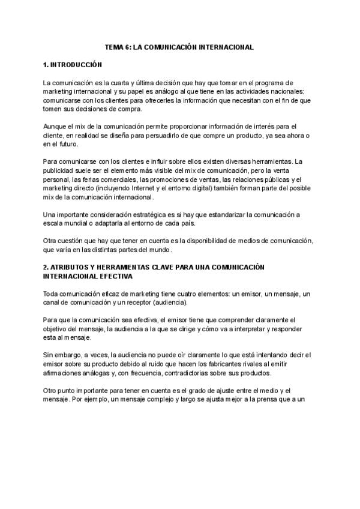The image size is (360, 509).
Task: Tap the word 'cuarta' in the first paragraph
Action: click(x=120, y=82)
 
